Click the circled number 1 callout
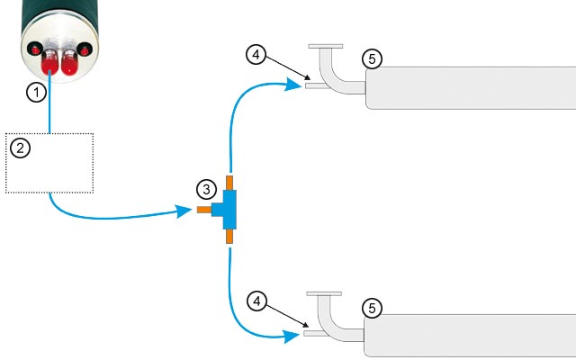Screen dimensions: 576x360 pyautogui.click(x=36, y=92)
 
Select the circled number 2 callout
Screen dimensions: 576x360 pyautogui.click(x=20, y=148)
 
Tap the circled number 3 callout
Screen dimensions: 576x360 pyautogui.click(x=206, y=190)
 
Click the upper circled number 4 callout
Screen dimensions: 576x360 pyautogui.click(x=256, y=54)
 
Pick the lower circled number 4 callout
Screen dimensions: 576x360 pyautogui.click(x=256, y=301)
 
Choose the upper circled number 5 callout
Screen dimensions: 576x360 pyautogui.click(x=372, y=58)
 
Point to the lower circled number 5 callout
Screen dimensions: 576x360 pyautogui.click(x=372, y=309)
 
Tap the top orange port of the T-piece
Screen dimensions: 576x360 pyautogui.click(x=229, y=183)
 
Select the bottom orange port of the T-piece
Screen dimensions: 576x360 pyautogui.click(x=229, y=236)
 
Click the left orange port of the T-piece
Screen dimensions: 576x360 pyautogui.click(x=204, y=210)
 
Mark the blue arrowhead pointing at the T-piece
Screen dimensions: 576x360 pyautogui.click(x=184, y=211)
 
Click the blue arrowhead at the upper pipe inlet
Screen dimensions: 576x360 pyautogui.click(x=294, y=84)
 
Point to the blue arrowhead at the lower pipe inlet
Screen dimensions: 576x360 pyautogui.click(x=292, y=336)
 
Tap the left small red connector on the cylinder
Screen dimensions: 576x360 pyautogui.click(x=35, y=49)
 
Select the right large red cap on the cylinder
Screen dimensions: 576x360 pyautogui.click(x=69, y=62)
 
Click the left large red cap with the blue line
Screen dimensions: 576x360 pyautogui.click(x=49, y=62)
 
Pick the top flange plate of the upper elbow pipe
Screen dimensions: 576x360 pyautogui.click(x=326, y=46)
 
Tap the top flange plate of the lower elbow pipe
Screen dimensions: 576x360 pyautogui.click(x=324, y=294)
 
